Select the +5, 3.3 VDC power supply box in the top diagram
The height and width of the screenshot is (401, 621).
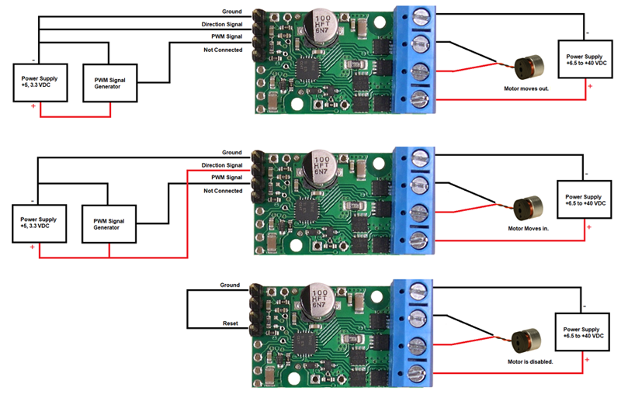click(x=42, y=83)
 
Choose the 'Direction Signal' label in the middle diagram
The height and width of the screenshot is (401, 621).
click(x=222, y=165)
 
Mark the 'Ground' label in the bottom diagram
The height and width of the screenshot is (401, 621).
click(x=231, y=285)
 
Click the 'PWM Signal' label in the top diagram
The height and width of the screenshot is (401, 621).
click(x=227, y=36)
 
